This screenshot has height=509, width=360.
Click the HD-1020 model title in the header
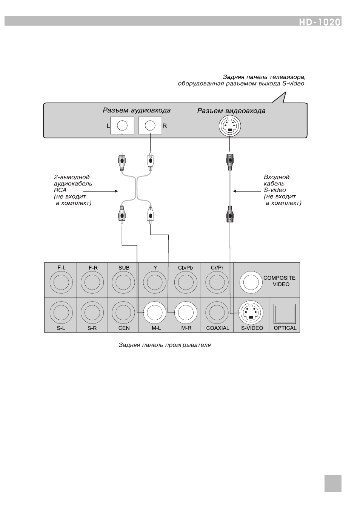tap(320, 22)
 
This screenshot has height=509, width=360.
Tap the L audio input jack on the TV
tap(122, 126)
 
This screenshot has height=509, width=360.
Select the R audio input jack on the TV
tap(150, 126)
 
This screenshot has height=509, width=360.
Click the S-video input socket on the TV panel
tap(230, 126)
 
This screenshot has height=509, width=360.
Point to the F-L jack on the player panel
tap(61, 282)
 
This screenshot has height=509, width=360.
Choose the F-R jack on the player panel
tap(92, 282)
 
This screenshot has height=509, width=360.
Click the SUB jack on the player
tap(123, 282)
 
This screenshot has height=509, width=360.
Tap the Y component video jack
tap(155, 282)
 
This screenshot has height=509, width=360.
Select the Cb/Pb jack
tap(186, 282)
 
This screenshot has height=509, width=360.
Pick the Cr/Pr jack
tap(217, 282)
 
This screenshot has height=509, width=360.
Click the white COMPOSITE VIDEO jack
tap(251, 282)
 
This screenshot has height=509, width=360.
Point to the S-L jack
tap(61, 313)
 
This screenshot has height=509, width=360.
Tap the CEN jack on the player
tap(123, 313)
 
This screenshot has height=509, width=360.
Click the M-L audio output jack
tap(155, 313)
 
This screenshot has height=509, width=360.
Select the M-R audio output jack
tap(186, 313)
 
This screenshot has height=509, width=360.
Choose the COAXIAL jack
tap(217, 313)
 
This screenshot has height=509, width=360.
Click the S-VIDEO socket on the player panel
tap(251, 313)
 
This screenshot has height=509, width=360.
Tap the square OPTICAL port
tap(285, 314)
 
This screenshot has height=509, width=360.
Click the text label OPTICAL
tap(285, 328)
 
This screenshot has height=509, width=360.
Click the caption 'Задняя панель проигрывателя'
tap(165, 345)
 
